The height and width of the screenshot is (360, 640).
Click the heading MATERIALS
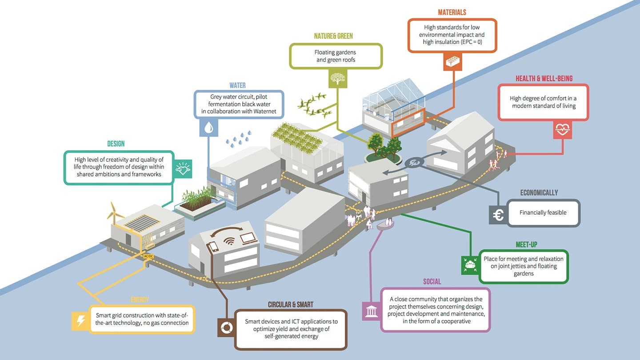(452, 12)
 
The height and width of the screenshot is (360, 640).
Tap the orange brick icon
(452, 62)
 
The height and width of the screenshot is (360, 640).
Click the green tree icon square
(337, 79)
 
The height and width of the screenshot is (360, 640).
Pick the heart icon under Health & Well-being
(562, 130)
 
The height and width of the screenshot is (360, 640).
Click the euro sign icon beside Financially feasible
(498, 215)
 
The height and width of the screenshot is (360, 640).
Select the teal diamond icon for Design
(182, 169)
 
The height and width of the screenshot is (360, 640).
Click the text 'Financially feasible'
(543, 212)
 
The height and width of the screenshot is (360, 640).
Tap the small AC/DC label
(148, 256)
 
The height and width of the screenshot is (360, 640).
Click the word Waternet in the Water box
(266, 111)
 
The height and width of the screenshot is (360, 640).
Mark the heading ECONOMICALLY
(539, 193)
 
